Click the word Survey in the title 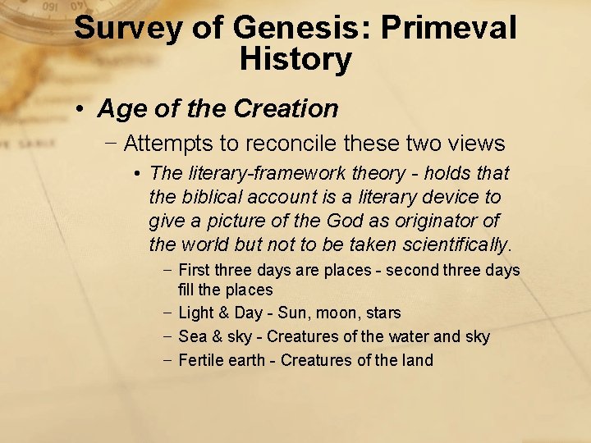pos(126,29)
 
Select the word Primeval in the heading pos(451,29)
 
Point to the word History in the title pos(295,59)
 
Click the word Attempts pos(167,144)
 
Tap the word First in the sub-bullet pos(194,271)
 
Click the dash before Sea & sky pos(167,336)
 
